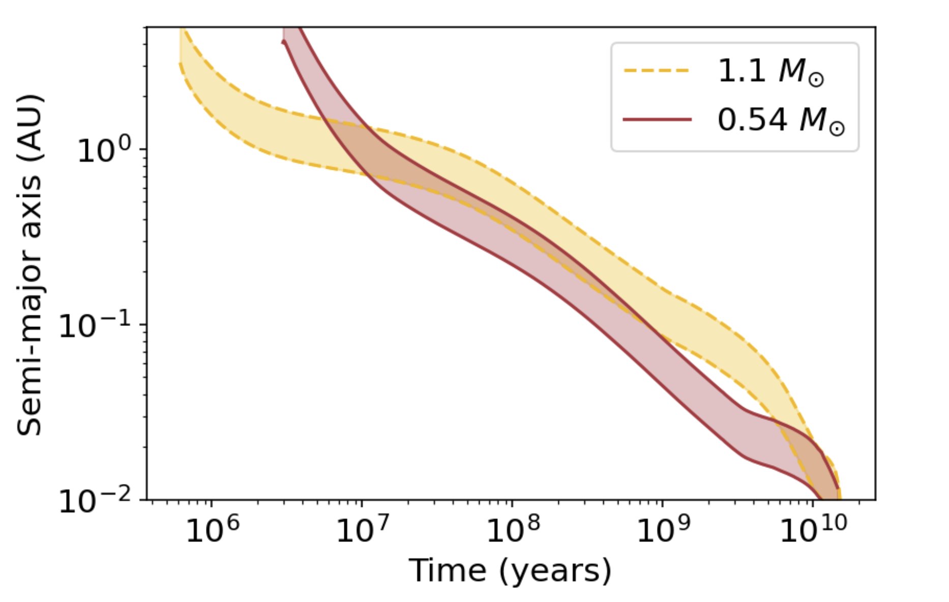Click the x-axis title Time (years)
[510, 570]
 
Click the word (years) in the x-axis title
[555, 570]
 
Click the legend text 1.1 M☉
[770, 71]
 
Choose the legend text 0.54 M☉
[780, 121]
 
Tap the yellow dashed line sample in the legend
[657, 70]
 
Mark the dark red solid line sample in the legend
[657, 120]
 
